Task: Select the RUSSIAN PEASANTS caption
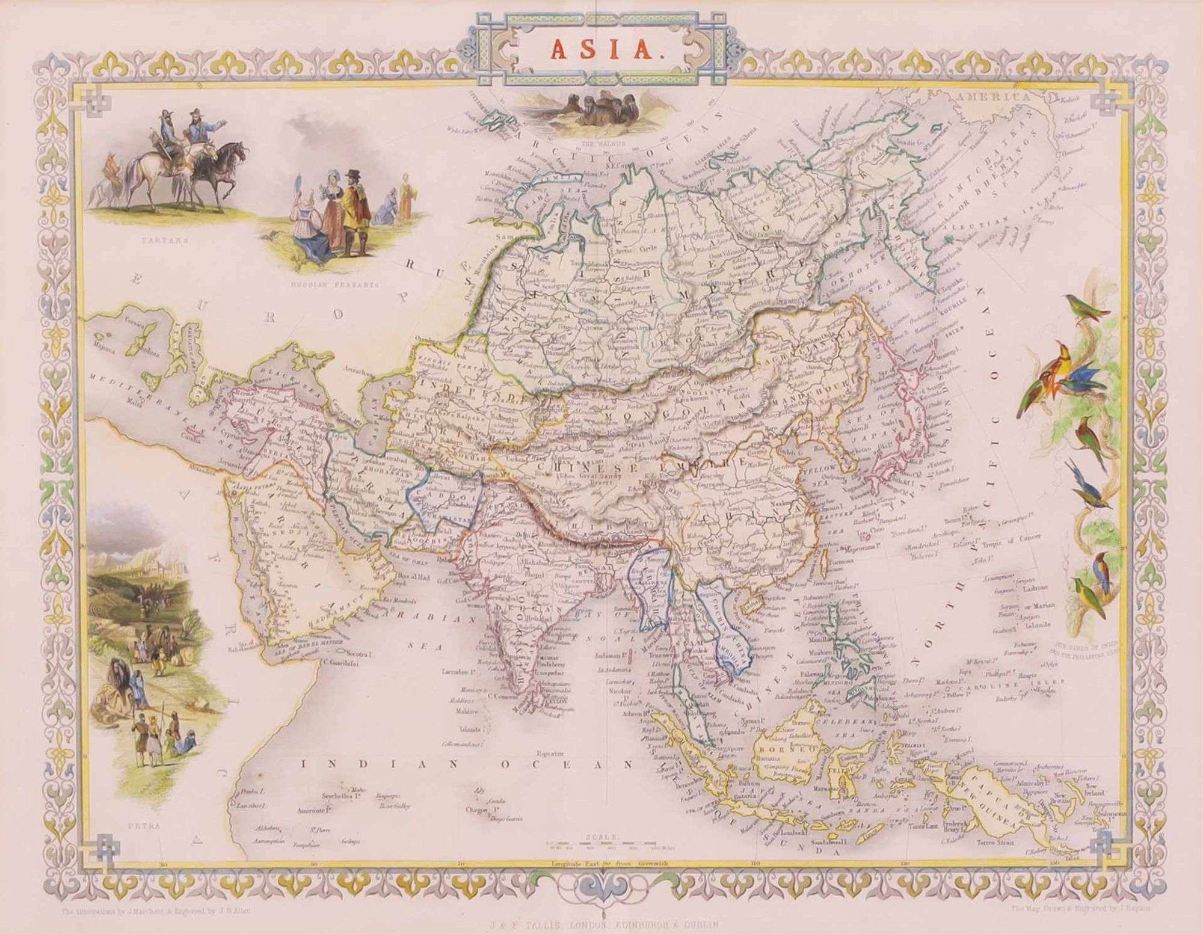click(334, 286)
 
